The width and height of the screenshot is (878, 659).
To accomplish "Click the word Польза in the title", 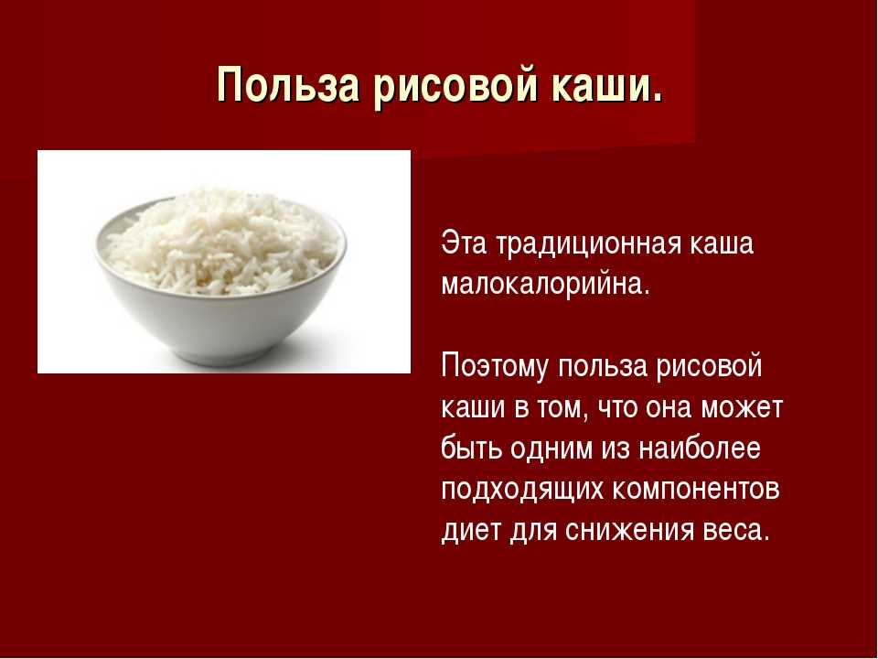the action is coord(288,85).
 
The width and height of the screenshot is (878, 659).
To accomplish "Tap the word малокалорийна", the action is coord(545,285).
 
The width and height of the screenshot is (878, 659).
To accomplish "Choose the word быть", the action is coord(471,448).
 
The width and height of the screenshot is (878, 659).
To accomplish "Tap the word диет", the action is coord(472,531).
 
